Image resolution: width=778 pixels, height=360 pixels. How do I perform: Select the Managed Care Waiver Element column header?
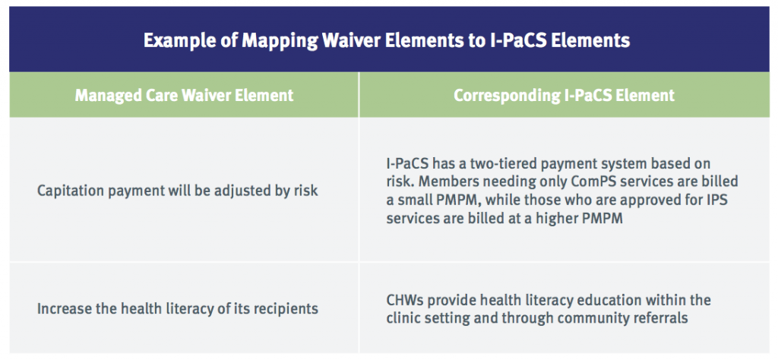184,95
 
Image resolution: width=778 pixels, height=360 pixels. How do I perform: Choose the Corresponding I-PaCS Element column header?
565,95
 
